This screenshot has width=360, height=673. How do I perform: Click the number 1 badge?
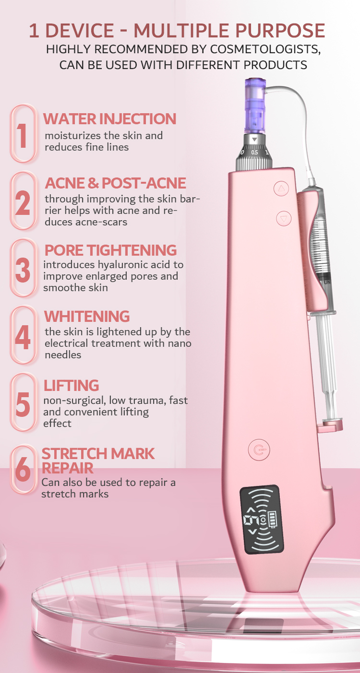point(23,134)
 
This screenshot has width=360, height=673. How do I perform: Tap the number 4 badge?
point(23,336)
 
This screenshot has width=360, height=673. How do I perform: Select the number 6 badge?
point(23,470)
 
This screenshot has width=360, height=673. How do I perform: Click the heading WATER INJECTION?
point(110,119)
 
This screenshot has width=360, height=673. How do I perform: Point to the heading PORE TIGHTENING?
point(110,250)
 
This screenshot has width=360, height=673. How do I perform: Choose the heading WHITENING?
point(87,317)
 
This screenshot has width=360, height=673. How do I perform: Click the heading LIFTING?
point(72,386)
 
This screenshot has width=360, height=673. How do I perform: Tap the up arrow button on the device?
point(281,189)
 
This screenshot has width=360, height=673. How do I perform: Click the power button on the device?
point(259,450)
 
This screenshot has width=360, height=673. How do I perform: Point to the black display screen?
point(262,519)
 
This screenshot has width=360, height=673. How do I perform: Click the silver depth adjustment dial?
point(255,152)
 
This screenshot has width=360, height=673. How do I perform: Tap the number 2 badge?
point(23,201)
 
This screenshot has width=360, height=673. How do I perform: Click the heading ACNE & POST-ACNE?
point(116,183)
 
